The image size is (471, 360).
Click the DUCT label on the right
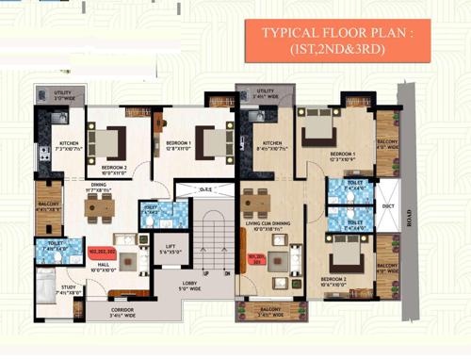tap(388, 207)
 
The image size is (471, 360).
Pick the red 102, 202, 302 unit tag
tap(102, 253)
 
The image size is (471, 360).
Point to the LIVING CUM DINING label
tap(268, 226)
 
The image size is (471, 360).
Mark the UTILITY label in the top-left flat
tap(50, 94)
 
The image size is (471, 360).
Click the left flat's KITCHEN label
tap(56, 148)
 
